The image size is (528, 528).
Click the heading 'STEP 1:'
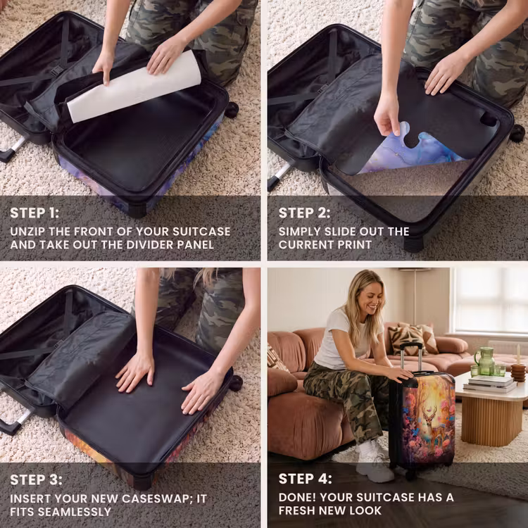(x=34, y=213)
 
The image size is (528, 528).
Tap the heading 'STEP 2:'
(x=304, y=213)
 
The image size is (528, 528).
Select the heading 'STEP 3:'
(x=36, y=480)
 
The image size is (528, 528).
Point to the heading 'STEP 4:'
(x=305, y=479)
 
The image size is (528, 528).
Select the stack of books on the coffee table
(x=489, y=384)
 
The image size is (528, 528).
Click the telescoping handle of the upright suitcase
(x=411, y=358)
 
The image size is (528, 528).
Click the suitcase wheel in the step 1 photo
(x=232, y=109)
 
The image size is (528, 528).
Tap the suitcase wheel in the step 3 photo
(x=235, y=383)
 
